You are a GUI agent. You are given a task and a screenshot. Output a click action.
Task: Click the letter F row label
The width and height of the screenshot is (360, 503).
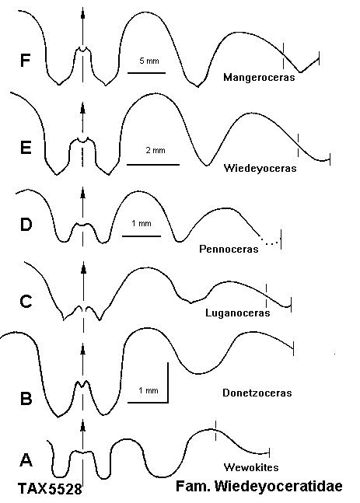(25, 61)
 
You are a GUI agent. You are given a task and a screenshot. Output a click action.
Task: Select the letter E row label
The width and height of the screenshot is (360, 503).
(26, 148)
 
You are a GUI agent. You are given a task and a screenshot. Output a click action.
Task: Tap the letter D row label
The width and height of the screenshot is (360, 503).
(26, 225)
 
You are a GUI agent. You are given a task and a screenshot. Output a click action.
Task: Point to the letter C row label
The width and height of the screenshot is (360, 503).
(26, 302)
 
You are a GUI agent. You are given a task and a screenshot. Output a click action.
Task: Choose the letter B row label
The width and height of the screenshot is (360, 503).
(26, 399)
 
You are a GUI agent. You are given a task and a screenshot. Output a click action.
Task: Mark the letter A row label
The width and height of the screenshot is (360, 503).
(26, 459)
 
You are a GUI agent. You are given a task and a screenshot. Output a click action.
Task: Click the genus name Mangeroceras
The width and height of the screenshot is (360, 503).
(259, 77)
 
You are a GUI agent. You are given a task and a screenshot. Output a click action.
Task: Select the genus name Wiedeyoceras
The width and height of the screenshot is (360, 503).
(260, 168)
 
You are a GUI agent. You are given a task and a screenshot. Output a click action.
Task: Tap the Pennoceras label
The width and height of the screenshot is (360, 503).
(229, 249)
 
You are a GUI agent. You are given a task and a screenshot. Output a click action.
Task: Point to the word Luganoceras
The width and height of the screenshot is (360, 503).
(238, 313)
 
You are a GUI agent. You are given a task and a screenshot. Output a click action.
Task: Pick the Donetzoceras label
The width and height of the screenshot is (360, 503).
(257, 393)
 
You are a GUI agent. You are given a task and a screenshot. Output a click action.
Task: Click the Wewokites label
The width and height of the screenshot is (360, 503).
(251, 467)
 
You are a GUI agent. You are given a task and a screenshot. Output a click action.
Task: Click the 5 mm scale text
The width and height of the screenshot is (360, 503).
(149, 61)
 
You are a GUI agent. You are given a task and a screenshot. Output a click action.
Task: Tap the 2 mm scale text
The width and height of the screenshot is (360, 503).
(156, 150)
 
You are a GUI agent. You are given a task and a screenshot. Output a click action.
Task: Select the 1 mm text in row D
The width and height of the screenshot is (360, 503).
(142, 223)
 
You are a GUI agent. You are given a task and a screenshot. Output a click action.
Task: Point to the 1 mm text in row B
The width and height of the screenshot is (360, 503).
(149, 390)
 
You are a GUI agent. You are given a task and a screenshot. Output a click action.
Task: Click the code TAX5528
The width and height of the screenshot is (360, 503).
(50, 489)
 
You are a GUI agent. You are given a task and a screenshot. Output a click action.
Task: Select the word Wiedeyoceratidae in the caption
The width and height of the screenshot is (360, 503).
(278, 487)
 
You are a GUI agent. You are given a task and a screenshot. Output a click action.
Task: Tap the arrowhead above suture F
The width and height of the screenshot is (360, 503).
(82, 15)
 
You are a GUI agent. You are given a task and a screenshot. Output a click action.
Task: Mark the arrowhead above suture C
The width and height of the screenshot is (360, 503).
(84, 268)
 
